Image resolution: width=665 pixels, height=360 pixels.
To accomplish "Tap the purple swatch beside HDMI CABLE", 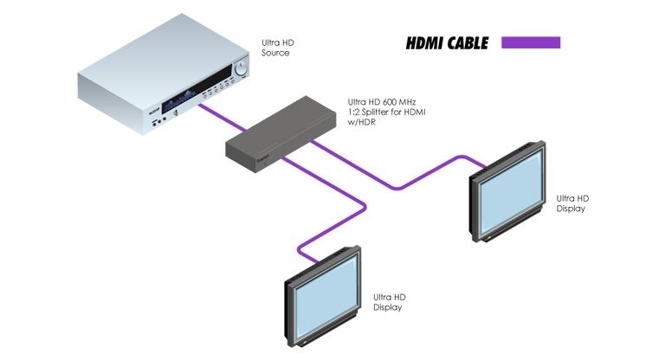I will click(x=531, y=42).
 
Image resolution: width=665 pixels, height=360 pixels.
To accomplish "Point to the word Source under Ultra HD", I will click(x=275, y=53).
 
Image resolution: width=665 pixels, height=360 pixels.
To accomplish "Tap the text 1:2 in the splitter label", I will click(x=353, y=113).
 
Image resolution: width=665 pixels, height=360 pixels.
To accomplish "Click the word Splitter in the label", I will click(x=382, y=113).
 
